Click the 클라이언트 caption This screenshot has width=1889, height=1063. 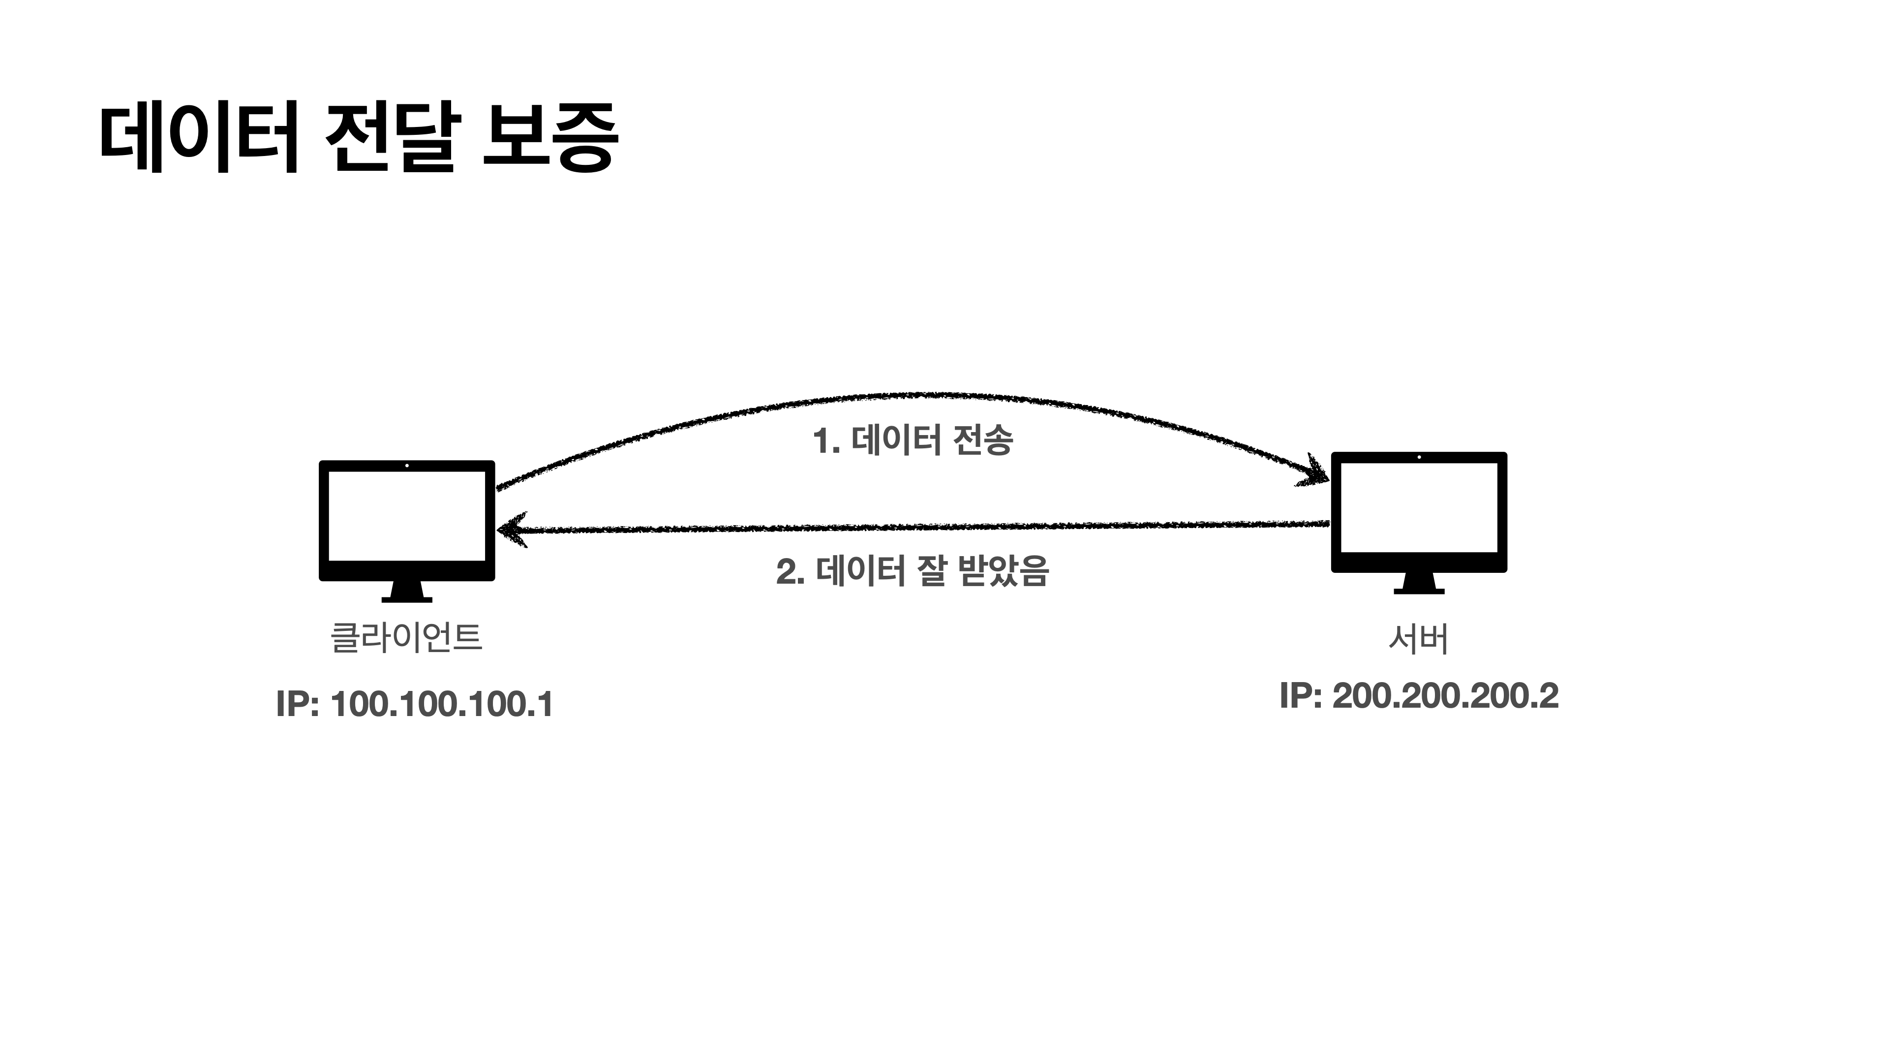[406, 637]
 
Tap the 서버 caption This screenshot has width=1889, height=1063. [1418, 639]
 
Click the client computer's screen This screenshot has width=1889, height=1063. [406, 516]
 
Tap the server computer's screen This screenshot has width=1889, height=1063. [1418, 507]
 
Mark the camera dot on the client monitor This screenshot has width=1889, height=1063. [407, 466]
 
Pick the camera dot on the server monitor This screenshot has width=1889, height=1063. [1419, 457]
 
